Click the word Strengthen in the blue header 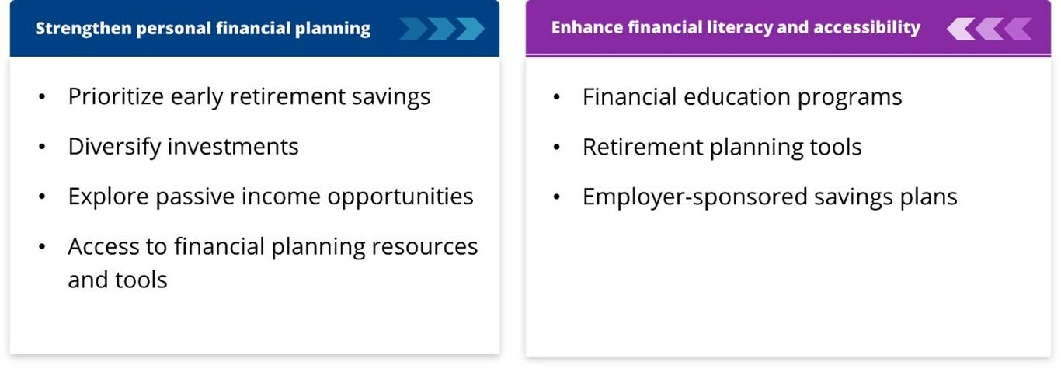pyautogui.click(x=83, y=29)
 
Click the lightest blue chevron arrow pyautogui.click(x=471, y=29)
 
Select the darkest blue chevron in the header pyautogui.click(x=413, y=29)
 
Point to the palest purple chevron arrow pyautogui.click(x=961, y=29)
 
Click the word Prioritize pyautogui.click(x=116, y=96)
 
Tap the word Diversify pyautogui.click(x=115, y=146)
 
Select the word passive pyautogui.click(x=195, y=197)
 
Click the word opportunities pyautogui.click(x=400, y=197)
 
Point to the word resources pyautogui.click(x=425, y=247)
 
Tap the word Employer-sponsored pyautogui.click(x=695, y=197)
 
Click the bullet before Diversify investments pyautogui.click(x=42, y=147)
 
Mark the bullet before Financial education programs pyautogui.click(x=557, y=97)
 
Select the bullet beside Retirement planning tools pyautogui.click(x=557, y=148)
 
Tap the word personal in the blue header pyautogui.click(x=173, y=29)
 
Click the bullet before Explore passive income pyautogui.click(x=42, y=197)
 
